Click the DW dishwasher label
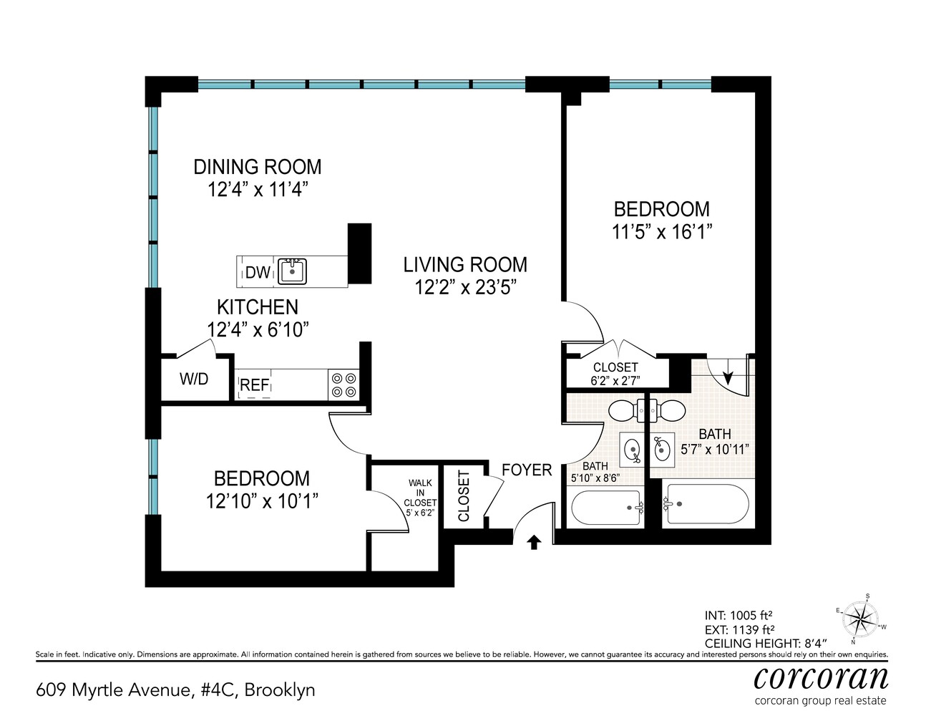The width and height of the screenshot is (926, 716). (x=258, y=272)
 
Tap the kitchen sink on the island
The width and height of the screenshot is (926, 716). (x=292, y=271)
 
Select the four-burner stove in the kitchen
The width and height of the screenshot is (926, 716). (x=343, y=385)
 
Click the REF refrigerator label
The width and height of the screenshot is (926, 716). (x=254, y=385)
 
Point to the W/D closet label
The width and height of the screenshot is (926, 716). (x=193, y=379)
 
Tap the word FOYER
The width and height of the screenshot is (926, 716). (x=527, y=470)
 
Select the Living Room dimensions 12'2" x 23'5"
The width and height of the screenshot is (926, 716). (x=465, y=288)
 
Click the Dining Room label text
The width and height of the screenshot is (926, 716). (x=258, y=167)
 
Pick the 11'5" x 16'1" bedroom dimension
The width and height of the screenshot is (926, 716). (x=662, y=232)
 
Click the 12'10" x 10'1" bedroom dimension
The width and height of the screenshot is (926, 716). (x=262, y=500)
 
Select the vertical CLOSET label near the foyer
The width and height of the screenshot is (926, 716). (x=464, y=496)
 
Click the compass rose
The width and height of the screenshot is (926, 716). (x=860, y=618)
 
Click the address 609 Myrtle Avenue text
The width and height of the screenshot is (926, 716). (x=175, y=690)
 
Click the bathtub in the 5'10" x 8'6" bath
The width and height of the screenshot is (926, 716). (x=607, y=508)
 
